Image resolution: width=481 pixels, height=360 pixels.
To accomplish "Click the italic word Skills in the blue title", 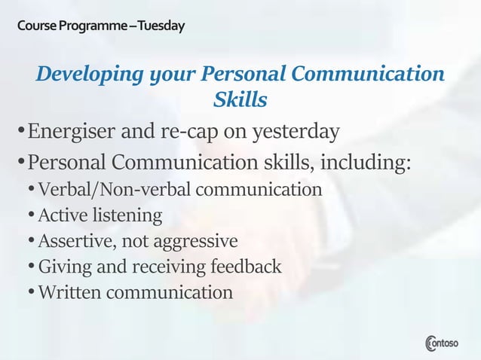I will click(x=240, y=99).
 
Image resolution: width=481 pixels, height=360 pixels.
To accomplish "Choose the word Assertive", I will click(x=74, y=241).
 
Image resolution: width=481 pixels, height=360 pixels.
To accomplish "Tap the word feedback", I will click(x=244, y=267).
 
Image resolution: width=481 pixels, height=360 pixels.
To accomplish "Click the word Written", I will click(x=69, y=292).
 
